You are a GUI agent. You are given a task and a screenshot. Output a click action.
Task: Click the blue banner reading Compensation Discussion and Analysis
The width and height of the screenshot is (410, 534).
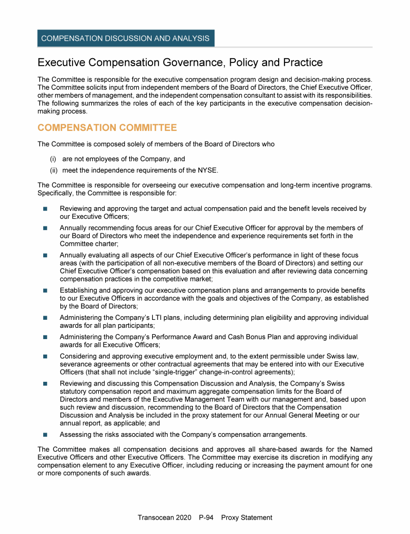pos(125,38)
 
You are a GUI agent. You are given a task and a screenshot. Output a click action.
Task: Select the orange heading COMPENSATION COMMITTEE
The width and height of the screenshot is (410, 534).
pos(107,128)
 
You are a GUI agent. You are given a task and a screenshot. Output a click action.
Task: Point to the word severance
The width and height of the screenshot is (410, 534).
pos(75,364)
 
